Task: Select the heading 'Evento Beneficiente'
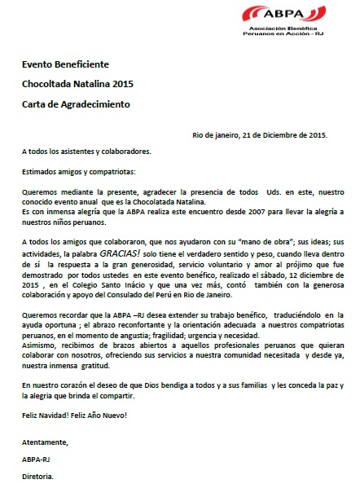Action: (64, 64)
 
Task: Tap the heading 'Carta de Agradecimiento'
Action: (75, 104)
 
